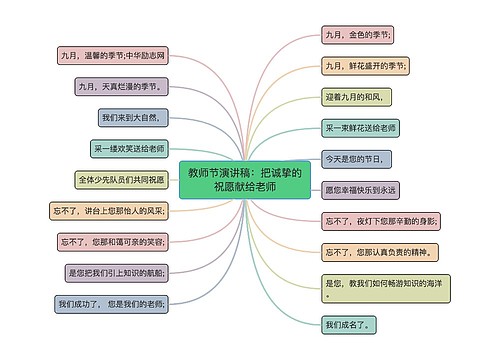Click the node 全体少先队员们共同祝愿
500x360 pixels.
tap(121, 180)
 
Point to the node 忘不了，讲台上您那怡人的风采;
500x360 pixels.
tap(109, 210)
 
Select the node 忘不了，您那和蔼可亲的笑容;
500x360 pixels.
tap(112, 241)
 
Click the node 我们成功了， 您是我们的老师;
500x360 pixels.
tap(112, 302)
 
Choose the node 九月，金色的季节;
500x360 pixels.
tap(357, 35)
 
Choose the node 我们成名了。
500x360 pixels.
tap(348, 325)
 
